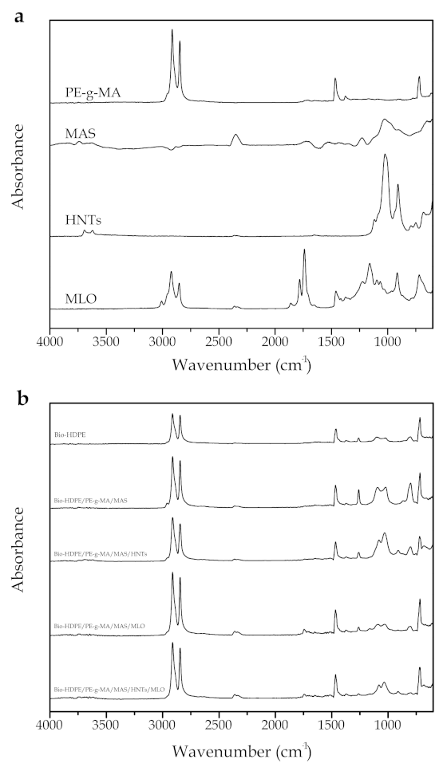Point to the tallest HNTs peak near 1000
point(386,155)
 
